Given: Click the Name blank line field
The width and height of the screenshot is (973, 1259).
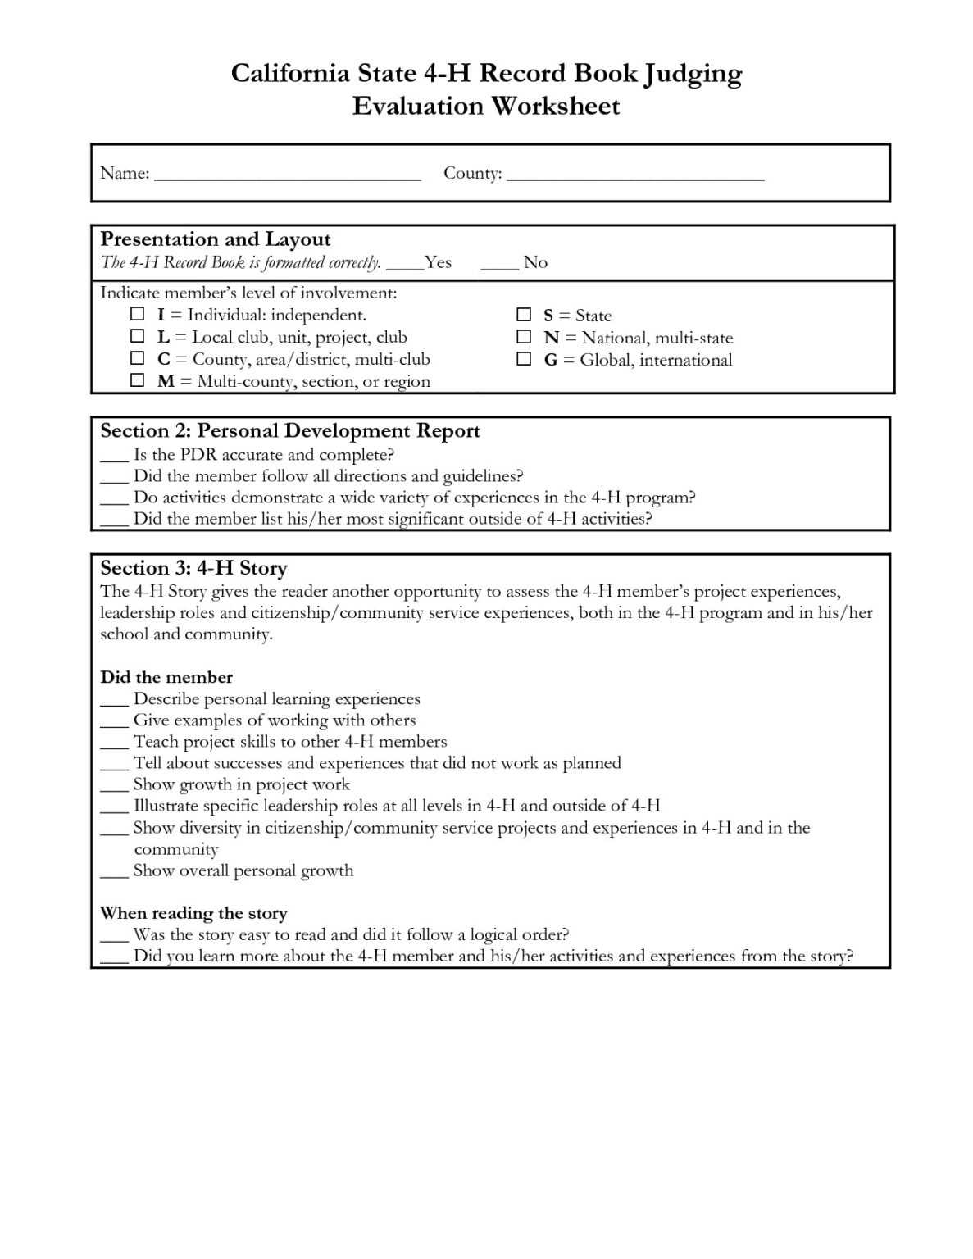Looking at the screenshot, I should pos(287,176).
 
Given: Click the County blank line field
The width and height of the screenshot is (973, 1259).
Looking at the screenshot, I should pos(635,176).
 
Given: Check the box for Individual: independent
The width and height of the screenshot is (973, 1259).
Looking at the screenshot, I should pos(138,314).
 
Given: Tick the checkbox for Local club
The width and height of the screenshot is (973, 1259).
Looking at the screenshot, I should pos(138,336).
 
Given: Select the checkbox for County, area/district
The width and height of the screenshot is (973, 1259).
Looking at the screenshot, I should pos(138,358).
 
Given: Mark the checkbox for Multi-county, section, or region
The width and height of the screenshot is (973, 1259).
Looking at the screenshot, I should pos(138,380).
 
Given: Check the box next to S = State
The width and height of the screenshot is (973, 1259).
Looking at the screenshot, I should pos(524,315).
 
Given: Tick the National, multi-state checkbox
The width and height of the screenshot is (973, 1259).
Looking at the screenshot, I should pos(524,337).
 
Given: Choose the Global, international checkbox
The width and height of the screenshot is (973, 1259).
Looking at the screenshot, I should pos(524,359).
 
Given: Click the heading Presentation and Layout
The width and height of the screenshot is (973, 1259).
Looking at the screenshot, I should pos(215,239).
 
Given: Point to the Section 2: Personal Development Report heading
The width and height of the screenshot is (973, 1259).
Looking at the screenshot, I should pos(289,431).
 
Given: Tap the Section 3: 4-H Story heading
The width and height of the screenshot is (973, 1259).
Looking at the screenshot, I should pos(193,568).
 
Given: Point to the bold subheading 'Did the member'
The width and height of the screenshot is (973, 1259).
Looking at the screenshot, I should pos(166,677).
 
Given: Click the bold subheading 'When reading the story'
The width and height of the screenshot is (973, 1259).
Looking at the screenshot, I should pos(193,913).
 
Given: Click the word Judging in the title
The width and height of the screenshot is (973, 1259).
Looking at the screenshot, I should pos(693,75).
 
